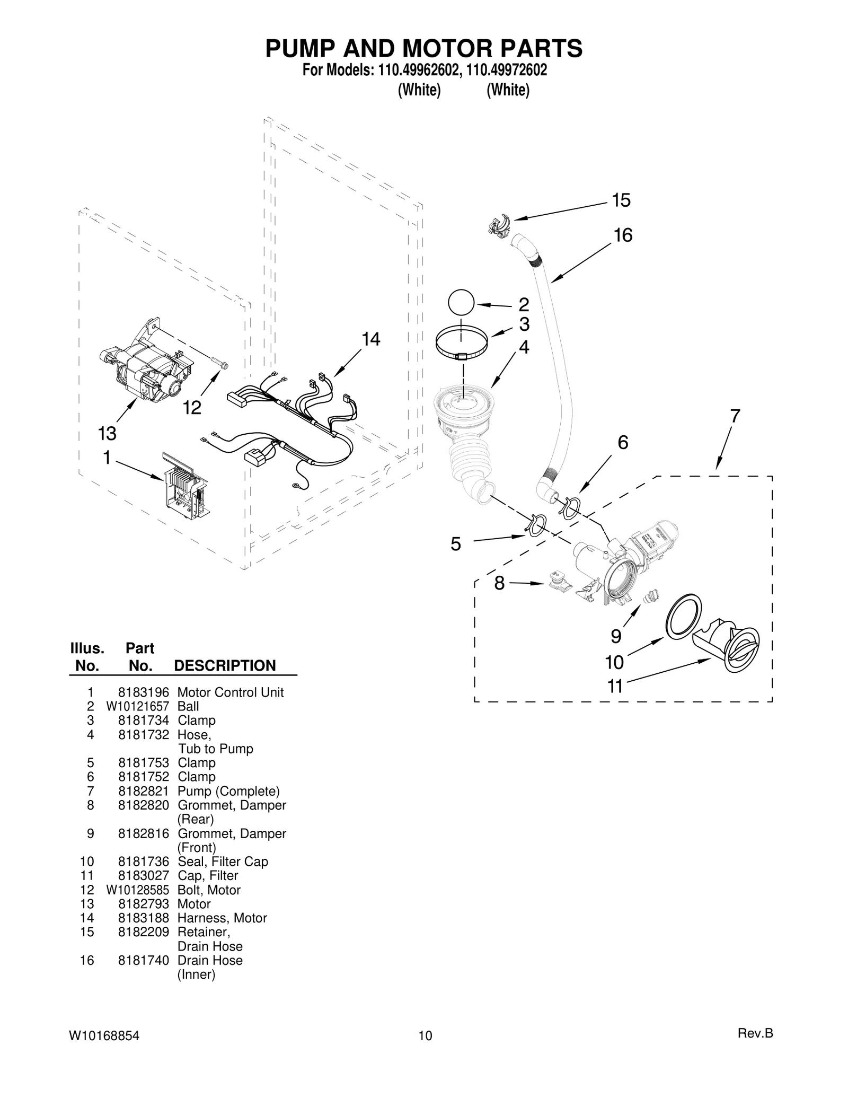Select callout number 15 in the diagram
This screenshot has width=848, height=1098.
[x=621, y=200]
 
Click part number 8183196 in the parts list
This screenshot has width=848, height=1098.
[x=143, y=692]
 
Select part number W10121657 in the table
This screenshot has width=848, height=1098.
[x=137, y=706]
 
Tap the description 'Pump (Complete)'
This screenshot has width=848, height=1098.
[x=228, y=791]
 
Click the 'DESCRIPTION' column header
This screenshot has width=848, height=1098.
[x=225, y=666]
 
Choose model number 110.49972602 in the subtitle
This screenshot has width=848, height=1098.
[x=507, y=70]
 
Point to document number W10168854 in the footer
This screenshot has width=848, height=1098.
[x=104, y=1035]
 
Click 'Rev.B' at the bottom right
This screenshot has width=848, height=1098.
[x=755, y=1033]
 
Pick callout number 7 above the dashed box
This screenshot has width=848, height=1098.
[x=735, y=416]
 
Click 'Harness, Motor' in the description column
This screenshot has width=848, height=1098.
[x=222, y=918]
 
